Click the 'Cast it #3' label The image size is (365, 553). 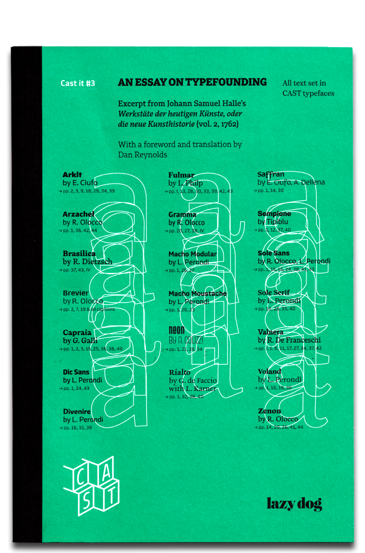coord(78,84)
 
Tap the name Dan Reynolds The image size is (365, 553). coord(142,155)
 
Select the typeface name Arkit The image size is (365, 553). coord(72,175)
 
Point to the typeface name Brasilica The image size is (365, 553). coord(79,254)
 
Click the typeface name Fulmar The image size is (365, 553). coord(181,175)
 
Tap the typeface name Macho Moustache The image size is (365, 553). coord(197,294)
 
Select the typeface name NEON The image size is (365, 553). coord(176,332)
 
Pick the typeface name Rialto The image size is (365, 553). coord(180,372)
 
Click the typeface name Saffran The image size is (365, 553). coord(270,174)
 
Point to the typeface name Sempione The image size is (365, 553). coord(274,213)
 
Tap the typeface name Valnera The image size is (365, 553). coord(270,332)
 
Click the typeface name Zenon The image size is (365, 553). coord(269,411)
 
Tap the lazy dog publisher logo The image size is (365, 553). coord(294,503)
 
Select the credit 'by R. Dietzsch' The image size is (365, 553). coord(87,262)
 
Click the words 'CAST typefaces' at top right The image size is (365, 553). coord(308,93)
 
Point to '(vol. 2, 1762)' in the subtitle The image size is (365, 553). coord(217,124)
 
